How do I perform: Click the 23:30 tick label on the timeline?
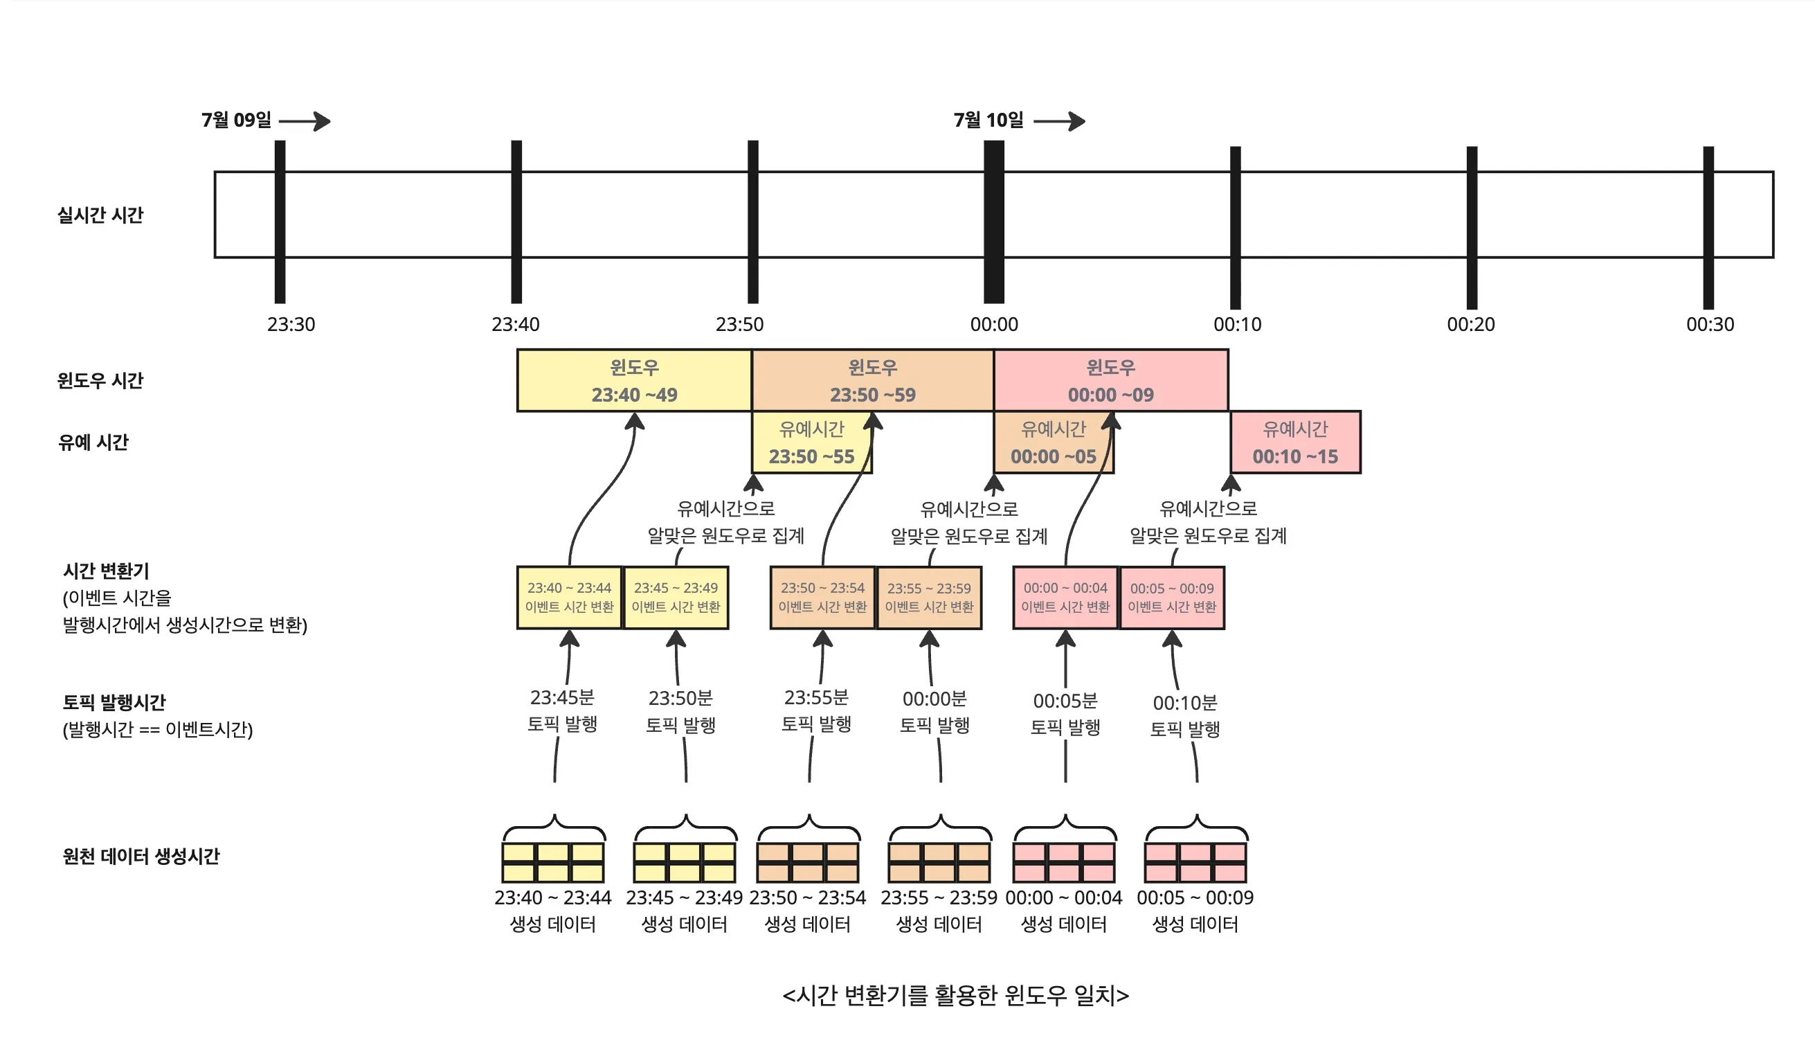click(x=291, y=324)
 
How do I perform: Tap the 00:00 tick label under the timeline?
click(x=994, y=324)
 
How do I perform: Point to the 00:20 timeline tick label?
click(x=1471, y=324)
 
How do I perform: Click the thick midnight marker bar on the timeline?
click(x=994, y=221)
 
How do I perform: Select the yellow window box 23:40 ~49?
click(x=634, y=380)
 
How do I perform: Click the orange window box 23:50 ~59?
click(x=872, y=380)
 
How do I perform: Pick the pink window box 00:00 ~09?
click(x=1110, y=380)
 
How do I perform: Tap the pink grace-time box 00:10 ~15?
click(x=1295, y=442)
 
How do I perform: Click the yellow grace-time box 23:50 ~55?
click(x=811, y=442)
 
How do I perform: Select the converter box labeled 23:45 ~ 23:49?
click(x=676, y=597)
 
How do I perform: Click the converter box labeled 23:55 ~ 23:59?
click(x=929, y=597)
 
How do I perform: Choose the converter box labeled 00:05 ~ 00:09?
click(x=1172, y=597)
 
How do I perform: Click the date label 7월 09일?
click(x=236, y=120)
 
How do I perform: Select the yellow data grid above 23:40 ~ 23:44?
click(x=553, y=862)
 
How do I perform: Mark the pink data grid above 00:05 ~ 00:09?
click(x=1195, y=862)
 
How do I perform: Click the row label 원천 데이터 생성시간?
click(x=141, y=856)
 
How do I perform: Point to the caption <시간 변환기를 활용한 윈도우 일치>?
click(x=956, y=995)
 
